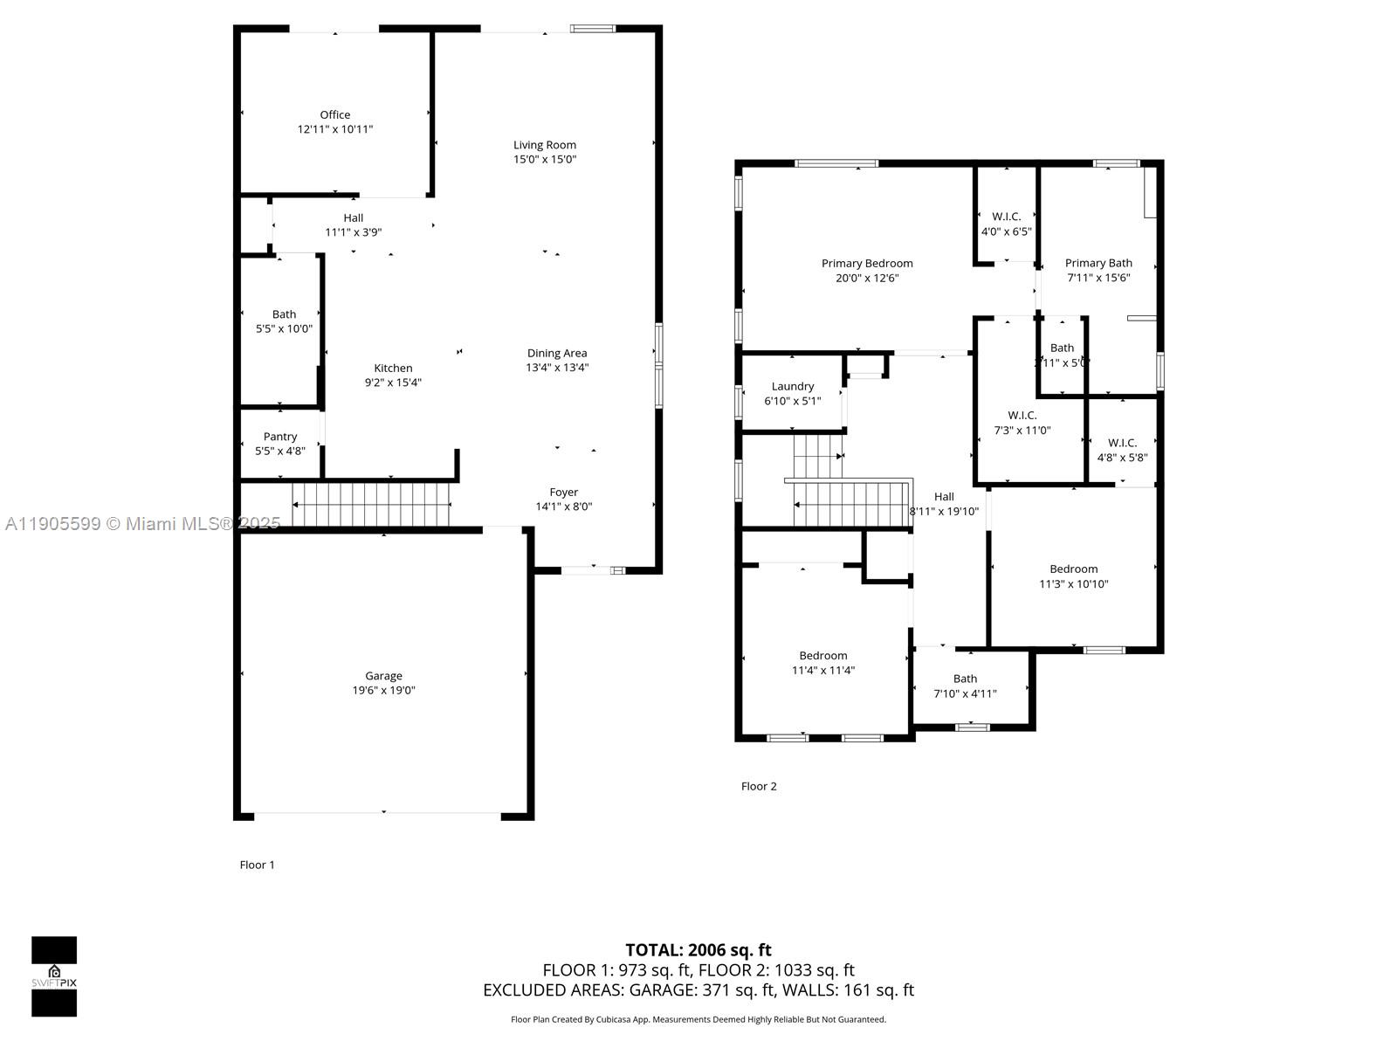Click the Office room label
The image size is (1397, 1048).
point(334,114)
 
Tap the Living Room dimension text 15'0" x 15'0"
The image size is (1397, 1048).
point(544,159)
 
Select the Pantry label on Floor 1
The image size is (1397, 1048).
point(280,437)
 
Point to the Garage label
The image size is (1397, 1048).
point(383,676)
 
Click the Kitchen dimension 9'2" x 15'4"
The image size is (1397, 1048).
point(393,383)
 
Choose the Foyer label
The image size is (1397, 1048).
point(563,493)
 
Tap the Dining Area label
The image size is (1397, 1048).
point(556,354)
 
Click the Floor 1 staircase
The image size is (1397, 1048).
point(370,505)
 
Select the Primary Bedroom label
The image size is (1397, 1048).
point(866,264)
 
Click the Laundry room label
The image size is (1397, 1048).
point(792,387)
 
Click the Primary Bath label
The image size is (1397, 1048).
point(1098,263)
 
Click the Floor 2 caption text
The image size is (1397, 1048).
point(758,786)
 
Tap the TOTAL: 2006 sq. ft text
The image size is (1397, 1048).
point(698,950)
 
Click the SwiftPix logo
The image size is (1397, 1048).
point(54,976)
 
